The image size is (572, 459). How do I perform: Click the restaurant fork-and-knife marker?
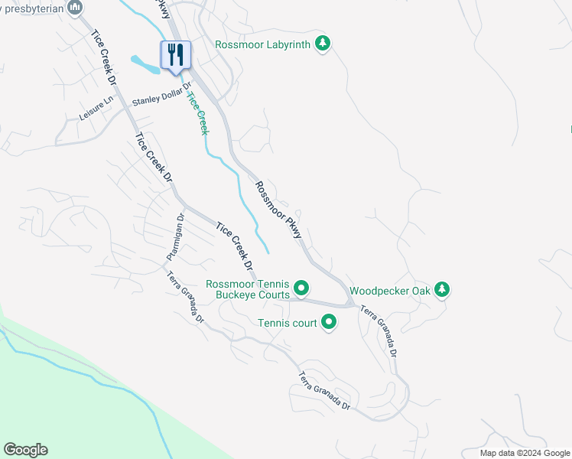pyautogui.click(x=176, y=55)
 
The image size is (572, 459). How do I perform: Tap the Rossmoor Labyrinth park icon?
pyautogui.click(x=323, y=44)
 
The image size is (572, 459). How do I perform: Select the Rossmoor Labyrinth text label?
pyautogui.click(x=262, y=44)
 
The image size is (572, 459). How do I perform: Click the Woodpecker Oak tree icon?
pyautogui.click(x=441, y=290)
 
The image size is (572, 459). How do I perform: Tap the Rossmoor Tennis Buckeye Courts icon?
pyautogui.click(x=301, y=288)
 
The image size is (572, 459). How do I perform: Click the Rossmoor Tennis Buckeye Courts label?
pyautogui.click(x=248, y=289)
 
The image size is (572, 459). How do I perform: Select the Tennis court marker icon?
pyautogui.click(x=329, y=323)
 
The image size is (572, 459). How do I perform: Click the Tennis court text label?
pyautogui.click(x=287, y=324)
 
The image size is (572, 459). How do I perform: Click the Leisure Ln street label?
pyautogui.click(x=96, y=111)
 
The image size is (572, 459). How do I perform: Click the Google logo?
pyautogui.click(x=25, y=450)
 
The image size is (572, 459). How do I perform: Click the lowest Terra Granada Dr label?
pyautogui.click(x=324, y=390)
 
